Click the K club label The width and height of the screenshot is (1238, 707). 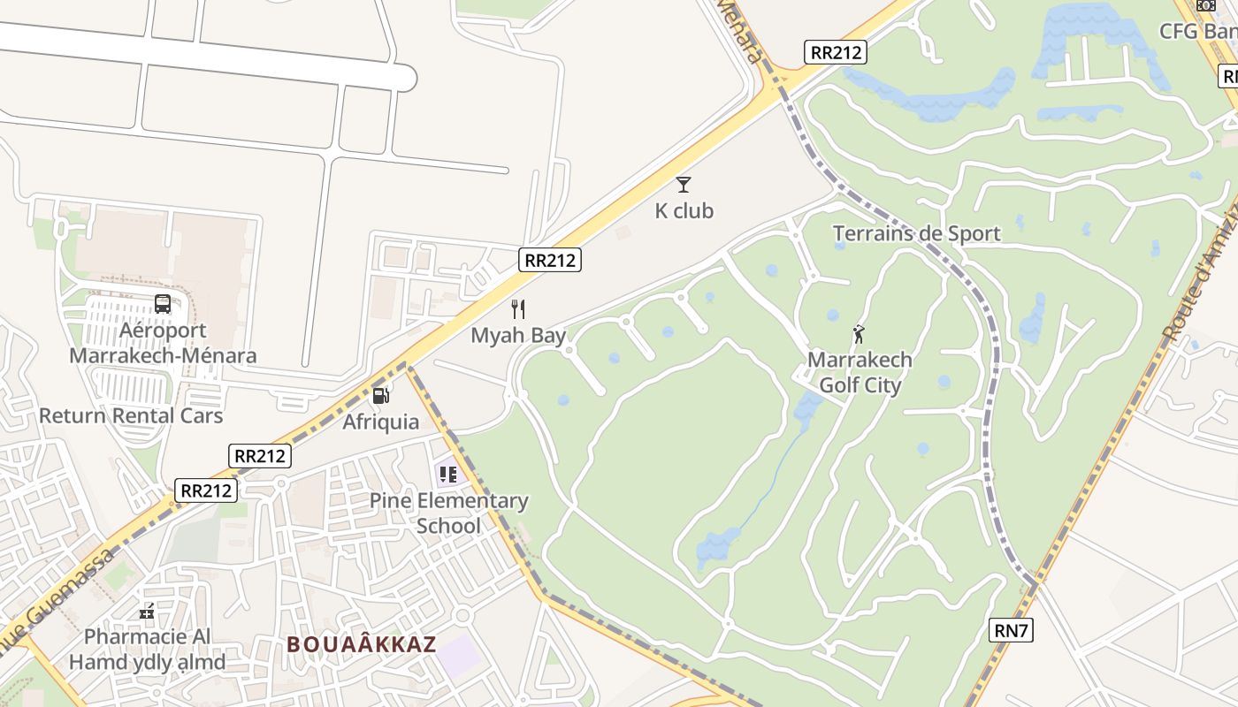684,211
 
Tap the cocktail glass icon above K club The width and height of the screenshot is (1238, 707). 683,184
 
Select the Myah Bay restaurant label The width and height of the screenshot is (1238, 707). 518,336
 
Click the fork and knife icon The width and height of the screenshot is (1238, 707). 518,309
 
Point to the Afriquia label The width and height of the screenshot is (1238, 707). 380,422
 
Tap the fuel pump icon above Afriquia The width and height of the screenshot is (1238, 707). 380,395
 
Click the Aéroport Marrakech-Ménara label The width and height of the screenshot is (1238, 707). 163,343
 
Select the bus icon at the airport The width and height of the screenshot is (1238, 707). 163,304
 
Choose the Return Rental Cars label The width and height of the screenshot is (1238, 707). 131,415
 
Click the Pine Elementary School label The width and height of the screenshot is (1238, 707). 448,513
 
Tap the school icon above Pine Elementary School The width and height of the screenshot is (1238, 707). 448,475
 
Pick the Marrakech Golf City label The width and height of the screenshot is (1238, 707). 860,373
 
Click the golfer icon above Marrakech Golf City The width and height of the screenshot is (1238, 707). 859,334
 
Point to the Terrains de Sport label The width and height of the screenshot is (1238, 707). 916,234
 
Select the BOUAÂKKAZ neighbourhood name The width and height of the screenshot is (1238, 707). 361,644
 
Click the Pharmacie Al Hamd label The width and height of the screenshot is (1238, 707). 148,650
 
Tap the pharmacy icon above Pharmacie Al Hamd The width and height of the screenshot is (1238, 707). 147,611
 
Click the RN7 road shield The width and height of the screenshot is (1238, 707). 1011,630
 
